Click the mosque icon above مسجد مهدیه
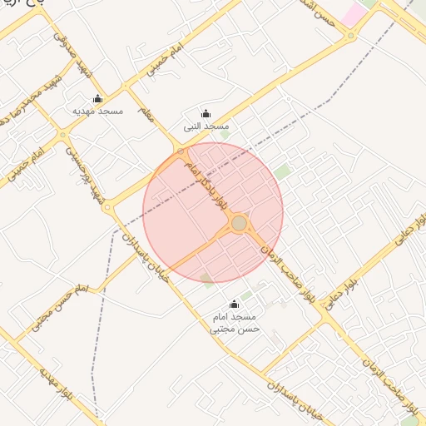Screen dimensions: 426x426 coord(98,98)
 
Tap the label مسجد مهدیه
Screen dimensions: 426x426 coord(98,111)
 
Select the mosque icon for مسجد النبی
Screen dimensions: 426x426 coord(206,114)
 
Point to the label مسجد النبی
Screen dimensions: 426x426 coord(206,126)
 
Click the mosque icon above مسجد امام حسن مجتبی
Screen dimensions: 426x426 coord(234,305)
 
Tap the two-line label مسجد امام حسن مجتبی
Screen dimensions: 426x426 coord(235,323)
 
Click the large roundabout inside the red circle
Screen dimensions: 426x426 coord(240,223)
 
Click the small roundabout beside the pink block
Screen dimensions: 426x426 coord(352,37)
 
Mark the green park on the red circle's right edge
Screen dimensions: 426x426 coord(283,172)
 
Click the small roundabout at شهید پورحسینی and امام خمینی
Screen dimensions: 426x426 coord(62,134)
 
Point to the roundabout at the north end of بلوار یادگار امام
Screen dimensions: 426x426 coord(181,151)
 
